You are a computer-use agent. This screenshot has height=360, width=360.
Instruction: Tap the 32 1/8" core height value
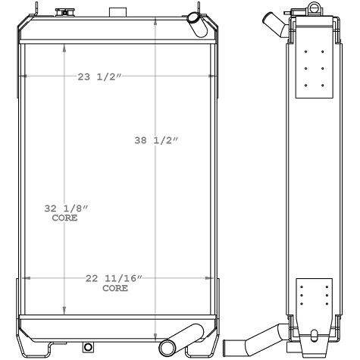[64, 208]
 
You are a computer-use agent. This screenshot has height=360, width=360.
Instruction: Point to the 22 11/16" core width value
[114, 279]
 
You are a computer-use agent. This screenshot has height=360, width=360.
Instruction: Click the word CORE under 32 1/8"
[64, 218]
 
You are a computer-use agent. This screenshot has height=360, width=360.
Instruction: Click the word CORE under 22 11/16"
[114, 289]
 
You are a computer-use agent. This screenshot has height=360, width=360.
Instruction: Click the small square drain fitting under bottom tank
[88, 347]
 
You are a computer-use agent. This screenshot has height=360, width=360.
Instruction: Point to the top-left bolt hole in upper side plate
[305, 52]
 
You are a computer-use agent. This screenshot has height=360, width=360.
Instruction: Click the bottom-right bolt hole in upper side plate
[323, 85]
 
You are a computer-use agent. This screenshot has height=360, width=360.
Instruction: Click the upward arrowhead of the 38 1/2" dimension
[155, 17]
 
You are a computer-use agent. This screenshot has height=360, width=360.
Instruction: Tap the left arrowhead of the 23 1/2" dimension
[24, 77]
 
